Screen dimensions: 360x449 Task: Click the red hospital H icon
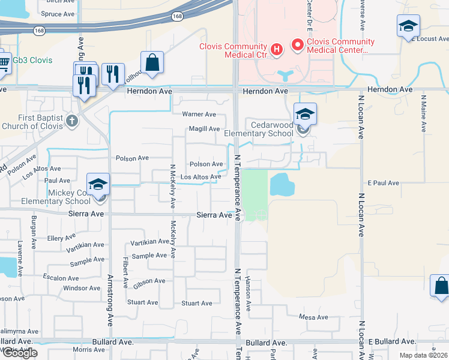[277, 49]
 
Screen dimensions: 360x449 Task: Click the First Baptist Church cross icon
[72, 121]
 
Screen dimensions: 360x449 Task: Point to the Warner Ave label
[199, 114]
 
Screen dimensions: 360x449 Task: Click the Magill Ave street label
[204, 129]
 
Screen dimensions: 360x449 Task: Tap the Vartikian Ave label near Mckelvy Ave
[150, 242]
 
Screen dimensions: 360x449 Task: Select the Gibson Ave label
[149, 281]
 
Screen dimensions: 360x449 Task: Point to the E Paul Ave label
[384, 182]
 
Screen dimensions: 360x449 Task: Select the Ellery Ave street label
[62, 238]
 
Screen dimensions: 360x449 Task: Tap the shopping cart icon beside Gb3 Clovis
[4, 62]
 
